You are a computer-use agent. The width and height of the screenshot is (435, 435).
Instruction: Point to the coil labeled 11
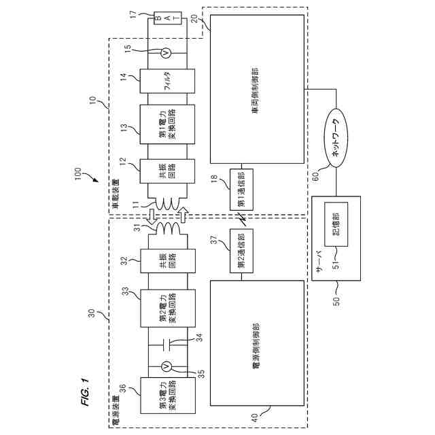point(165,204)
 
